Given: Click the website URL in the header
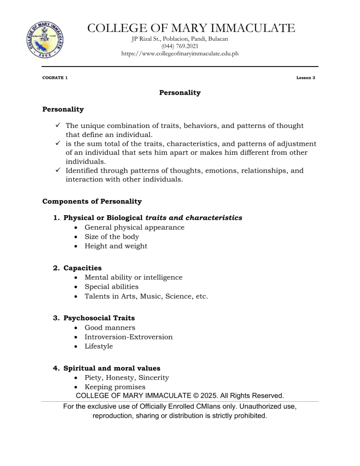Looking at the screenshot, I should coord(180,54).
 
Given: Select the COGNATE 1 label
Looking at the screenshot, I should coord(54,77).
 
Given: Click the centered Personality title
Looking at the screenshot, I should coord(180,93).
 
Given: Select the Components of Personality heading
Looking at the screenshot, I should coord(92,202).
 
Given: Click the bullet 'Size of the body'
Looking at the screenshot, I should coord(112,237).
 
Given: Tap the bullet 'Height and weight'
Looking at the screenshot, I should coord(116,246).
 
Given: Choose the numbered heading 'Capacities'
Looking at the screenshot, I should coord(82,268).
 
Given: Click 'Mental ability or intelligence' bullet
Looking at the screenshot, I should coord(133,278).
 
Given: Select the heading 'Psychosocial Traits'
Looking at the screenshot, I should coord(99,318).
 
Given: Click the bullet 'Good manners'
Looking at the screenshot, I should coord(110,328).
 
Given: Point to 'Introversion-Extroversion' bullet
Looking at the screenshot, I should coord(128,337).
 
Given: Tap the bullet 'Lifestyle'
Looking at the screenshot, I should coord(99,346).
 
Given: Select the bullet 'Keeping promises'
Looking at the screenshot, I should coord(115,387).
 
